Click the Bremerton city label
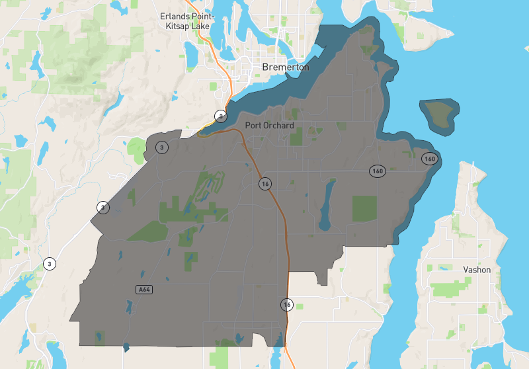(x=285, y=67)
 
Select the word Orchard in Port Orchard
(x=278, y=124)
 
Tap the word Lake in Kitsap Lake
(x=201, y=26)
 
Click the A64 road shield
(x=143, y=289)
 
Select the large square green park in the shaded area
(x=364, y=208)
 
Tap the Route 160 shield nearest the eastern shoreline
(x=430, y=159)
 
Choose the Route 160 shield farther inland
(x=377, y=171)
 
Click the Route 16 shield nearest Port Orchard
(x=265, y=184)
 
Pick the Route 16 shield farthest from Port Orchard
(x=287, y=305)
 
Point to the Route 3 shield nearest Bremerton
(x=220, y=116)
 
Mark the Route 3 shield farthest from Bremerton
(x=50, y=264)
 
